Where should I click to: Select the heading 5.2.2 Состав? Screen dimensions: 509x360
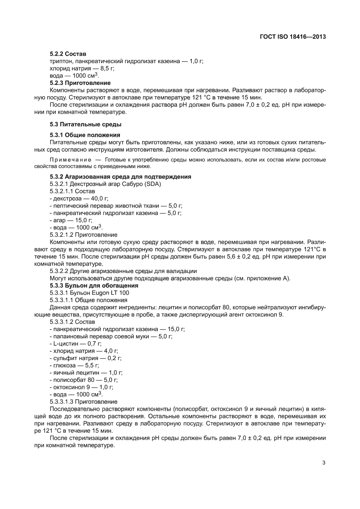pyautogui.click(x=68, y=54)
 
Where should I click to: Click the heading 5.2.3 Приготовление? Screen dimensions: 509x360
pyautogui.click(x=80, y=83)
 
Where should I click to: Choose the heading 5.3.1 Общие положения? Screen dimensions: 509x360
pyautogui.click(x=85, y=135)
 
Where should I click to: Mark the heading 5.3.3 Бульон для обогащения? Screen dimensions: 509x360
pyautogui.click(x=94, y=286)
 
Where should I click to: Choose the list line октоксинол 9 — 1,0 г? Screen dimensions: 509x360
pyautogui.click(x=82, y=387)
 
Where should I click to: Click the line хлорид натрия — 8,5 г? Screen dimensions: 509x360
pyautogui.click(x=76, y=69)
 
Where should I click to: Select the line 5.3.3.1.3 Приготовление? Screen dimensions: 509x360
pyautogui.click(x=84, y=401)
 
